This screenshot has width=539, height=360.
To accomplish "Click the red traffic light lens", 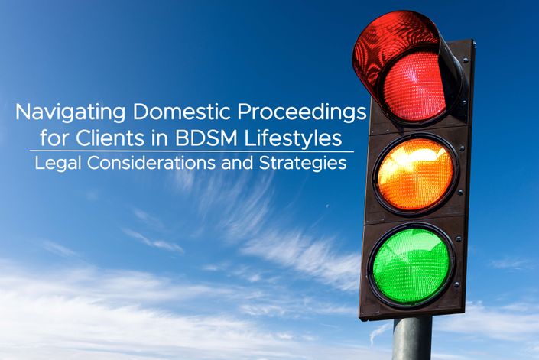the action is click(x=414, y=86).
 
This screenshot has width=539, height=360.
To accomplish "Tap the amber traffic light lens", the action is click(x=415, y=174).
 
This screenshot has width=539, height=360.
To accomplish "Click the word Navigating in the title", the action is click(x=70, y=112).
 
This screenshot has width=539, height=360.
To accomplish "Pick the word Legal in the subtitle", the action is click(x=58, y=164).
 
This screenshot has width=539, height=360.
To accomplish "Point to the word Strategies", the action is click(x=303, y=164).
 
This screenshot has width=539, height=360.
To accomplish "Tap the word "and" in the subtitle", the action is click(x=238, y=163).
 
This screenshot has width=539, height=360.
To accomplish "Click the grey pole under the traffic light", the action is click(x=412, y=339).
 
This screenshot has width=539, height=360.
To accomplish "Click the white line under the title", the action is click(x=191, y=151).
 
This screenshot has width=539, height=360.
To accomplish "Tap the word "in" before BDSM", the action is click(x=160, y=138).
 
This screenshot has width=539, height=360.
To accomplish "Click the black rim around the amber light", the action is click(x=375, y=174).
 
